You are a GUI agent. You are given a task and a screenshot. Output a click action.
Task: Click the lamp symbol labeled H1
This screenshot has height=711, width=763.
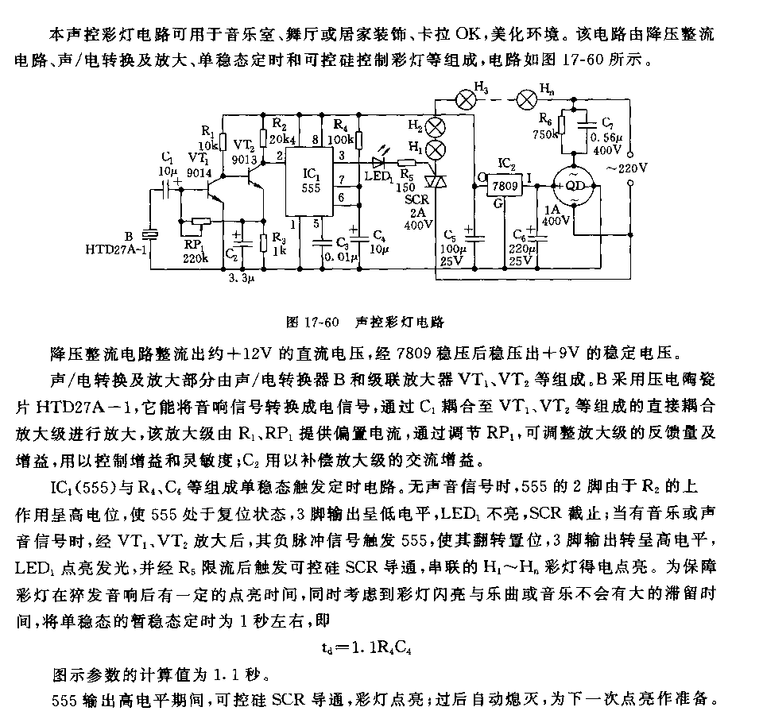pyautogui.click(x=435, y=150)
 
